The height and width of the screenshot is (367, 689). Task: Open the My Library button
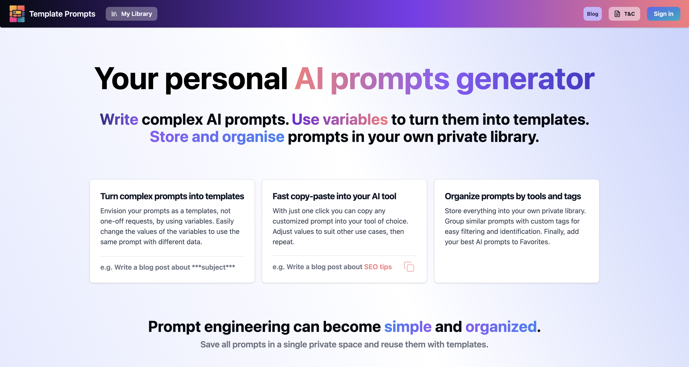point(131,14)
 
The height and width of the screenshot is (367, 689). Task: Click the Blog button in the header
point(593,14)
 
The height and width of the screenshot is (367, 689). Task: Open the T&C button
point(624,14)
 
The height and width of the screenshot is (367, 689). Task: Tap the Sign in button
point(663,14)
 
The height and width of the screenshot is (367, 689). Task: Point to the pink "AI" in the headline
point(309,79)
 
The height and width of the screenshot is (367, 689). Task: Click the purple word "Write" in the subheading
point(119,119)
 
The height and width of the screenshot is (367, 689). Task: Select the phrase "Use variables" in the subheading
point(340,119)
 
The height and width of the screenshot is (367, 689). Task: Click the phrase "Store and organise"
point(217,137)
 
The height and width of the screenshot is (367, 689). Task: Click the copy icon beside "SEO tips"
point(409,267)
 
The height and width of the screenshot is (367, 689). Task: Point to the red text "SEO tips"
point(378,267)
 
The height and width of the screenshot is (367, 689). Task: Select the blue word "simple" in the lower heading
point(408,327)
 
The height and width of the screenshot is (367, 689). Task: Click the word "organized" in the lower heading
point(501,327)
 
